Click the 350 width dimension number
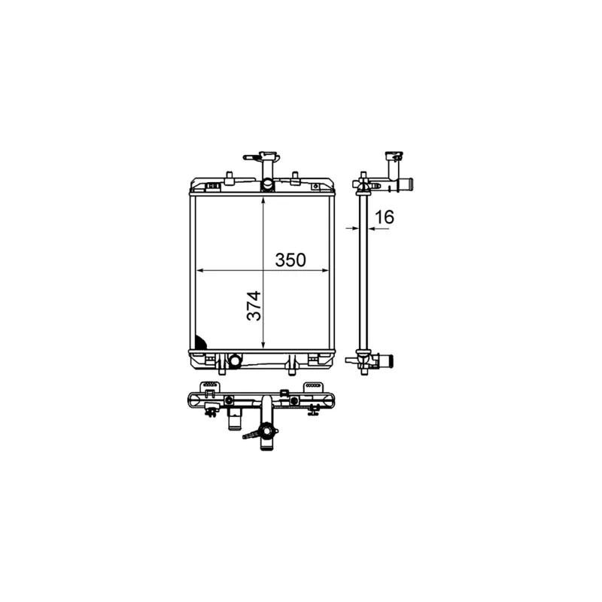click(x=290, y=260)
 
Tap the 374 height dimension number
click(x=254, y=306)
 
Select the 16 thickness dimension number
click(x=384, y=217)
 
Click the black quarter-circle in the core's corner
click(x=200, y=342)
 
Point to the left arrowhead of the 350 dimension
click(x=200, y=271)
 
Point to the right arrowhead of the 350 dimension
click(x=324, y=271)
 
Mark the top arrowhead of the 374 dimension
click(x=263, y=201)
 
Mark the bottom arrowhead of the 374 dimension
click(x=263, y=345)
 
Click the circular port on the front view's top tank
click(x=267, y=184)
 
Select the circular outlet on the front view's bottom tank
click(x=234, y=360)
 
